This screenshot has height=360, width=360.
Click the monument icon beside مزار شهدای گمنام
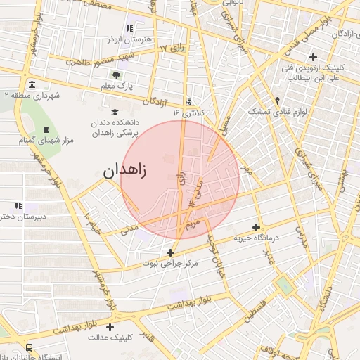tap(46, 129)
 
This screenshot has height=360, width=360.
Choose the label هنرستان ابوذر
tap(128, 40)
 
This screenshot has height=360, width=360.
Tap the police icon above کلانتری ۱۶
tap(188, 101)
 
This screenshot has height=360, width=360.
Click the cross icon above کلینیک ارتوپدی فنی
tap(313, 57)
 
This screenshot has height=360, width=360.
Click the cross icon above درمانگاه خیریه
tap(257, 227)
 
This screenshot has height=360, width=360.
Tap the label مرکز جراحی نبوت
tap(171, 264)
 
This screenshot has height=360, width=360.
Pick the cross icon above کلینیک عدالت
tap(110, 327)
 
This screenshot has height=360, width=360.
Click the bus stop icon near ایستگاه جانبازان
tap(29, 347)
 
